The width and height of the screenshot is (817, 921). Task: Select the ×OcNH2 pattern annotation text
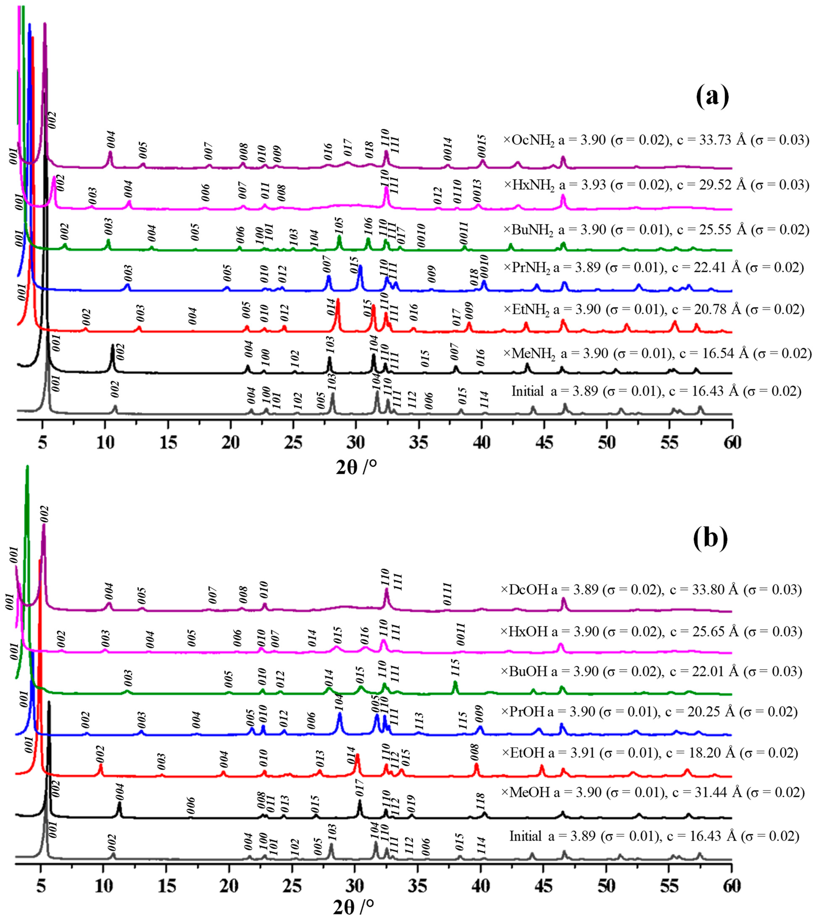click(x=656, y=140)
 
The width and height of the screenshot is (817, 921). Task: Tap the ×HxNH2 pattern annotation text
click(x=656, y=185)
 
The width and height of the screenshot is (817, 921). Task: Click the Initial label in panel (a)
click(x=527, y=391)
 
